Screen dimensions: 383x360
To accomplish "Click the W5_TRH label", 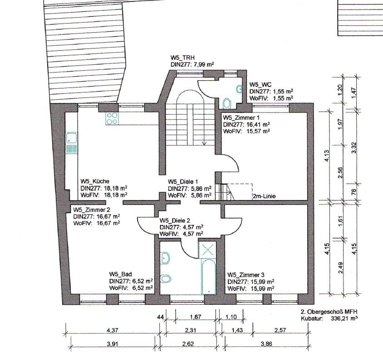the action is [x=182, y=58].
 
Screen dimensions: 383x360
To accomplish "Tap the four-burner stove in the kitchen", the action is [x=112, y=118].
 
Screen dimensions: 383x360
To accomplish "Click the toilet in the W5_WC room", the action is [x=227, y=103].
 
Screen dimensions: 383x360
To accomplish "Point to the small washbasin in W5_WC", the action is [x=239, y=89].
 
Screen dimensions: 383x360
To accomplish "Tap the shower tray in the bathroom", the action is [x=207, y=250].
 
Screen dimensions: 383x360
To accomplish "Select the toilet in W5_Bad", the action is [x=166, y=278].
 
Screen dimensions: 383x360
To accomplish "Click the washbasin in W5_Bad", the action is [x=165, y=258].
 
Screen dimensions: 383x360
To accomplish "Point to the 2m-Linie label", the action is [x=265, y=196].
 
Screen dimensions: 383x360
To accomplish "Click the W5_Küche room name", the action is [x=95, y=181].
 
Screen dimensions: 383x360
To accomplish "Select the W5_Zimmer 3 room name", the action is [x=246, y=275].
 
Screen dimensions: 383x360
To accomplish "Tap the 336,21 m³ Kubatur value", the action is [x=344, y=318].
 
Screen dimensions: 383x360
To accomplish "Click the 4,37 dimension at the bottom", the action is [x=113, y=330].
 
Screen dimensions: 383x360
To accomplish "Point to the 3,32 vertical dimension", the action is [x=354, y=147].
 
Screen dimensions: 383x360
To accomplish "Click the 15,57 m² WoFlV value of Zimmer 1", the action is [x=255, y=131].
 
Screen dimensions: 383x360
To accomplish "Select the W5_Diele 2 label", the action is [x=175, y=221].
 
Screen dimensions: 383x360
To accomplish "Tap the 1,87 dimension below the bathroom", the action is [x=196, y=317].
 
